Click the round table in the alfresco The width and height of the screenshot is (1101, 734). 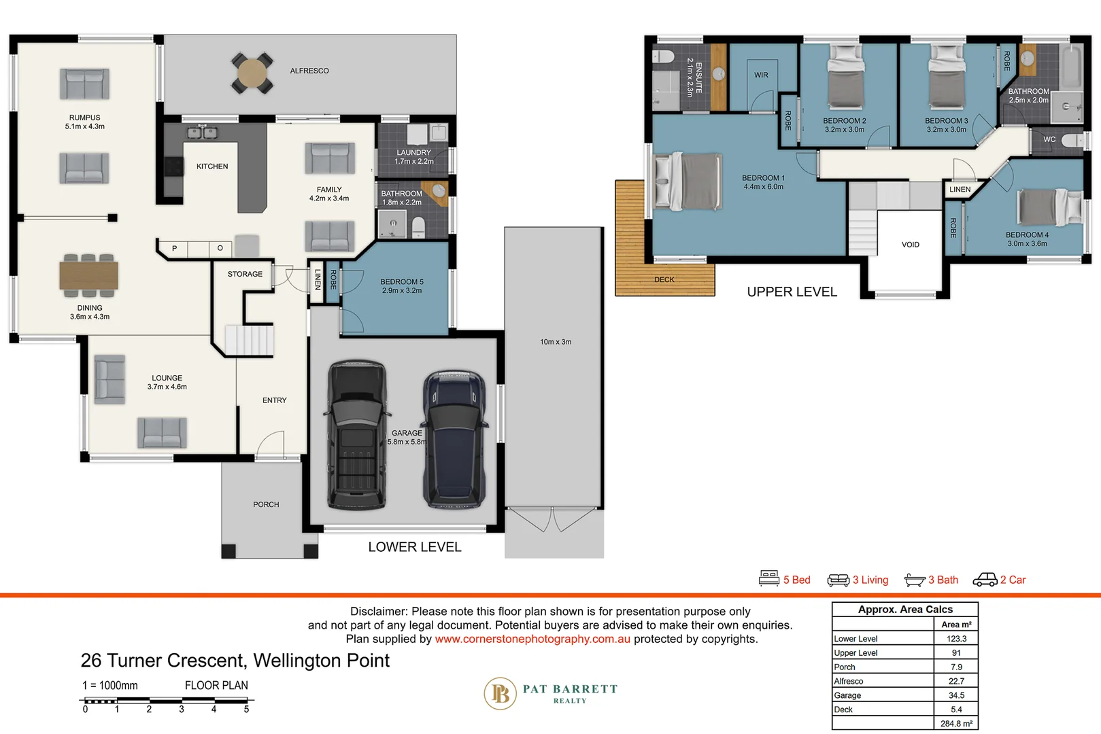point(252,72)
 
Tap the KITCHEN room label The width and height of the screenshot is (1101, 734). point(212,167)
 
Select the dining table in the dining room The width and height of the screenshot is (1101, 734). point(88,275)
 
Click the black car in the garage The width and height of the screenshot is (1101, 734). point(356,435)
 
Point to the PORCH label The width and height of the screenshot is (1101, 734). point(266,505)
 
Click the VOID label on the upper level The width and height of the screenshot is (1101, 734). point(910,245)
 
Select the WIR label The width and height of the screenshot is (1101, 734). point(761,75)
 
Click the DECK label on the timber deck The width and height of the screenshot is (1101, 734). point(664,280)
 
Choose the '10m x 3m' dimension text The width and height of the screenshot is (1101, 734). point(556,342)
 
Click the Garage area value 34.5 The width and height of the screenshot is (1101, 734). point(955,695)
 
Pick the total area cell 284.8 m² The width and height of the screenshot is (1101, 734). point(955,724)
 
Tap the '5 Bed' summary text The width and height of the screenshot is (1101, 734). point(796,580)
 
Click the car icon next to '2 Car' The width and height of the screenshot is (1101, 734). point(985,580)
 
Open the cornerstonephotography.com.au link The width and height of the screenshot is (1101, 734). point(532,639)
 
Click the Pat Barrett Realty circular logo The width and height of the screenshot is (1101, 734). point(501,693)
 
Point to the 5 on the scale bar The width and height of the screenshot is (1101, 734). point(246,710)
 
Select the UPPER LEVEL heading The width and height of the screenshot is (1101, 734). point(792,292)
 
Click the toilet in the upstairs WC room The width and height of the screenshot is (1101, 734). point(1073,140)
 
